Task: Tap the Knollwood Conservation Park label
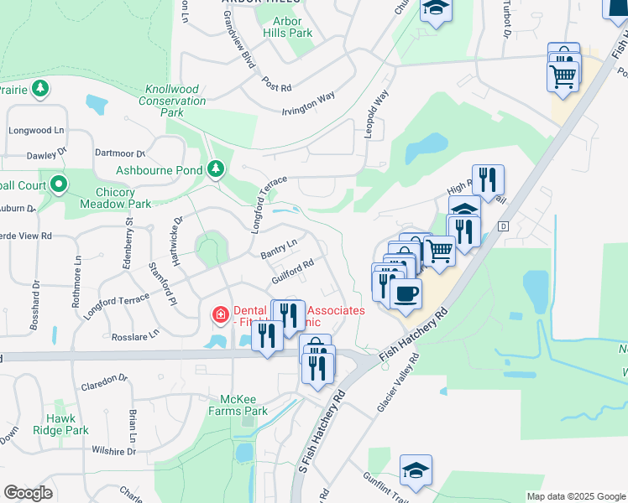175,101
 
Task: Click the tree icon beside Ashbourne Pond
216,169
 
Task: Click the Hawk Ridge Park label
65,424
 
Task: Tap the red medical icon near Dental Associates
220,315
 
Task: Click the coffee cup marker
406,294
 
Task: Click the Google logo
28,493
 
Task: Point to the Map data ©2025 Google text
575,496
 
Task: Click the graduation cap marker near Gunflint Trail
416,471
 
